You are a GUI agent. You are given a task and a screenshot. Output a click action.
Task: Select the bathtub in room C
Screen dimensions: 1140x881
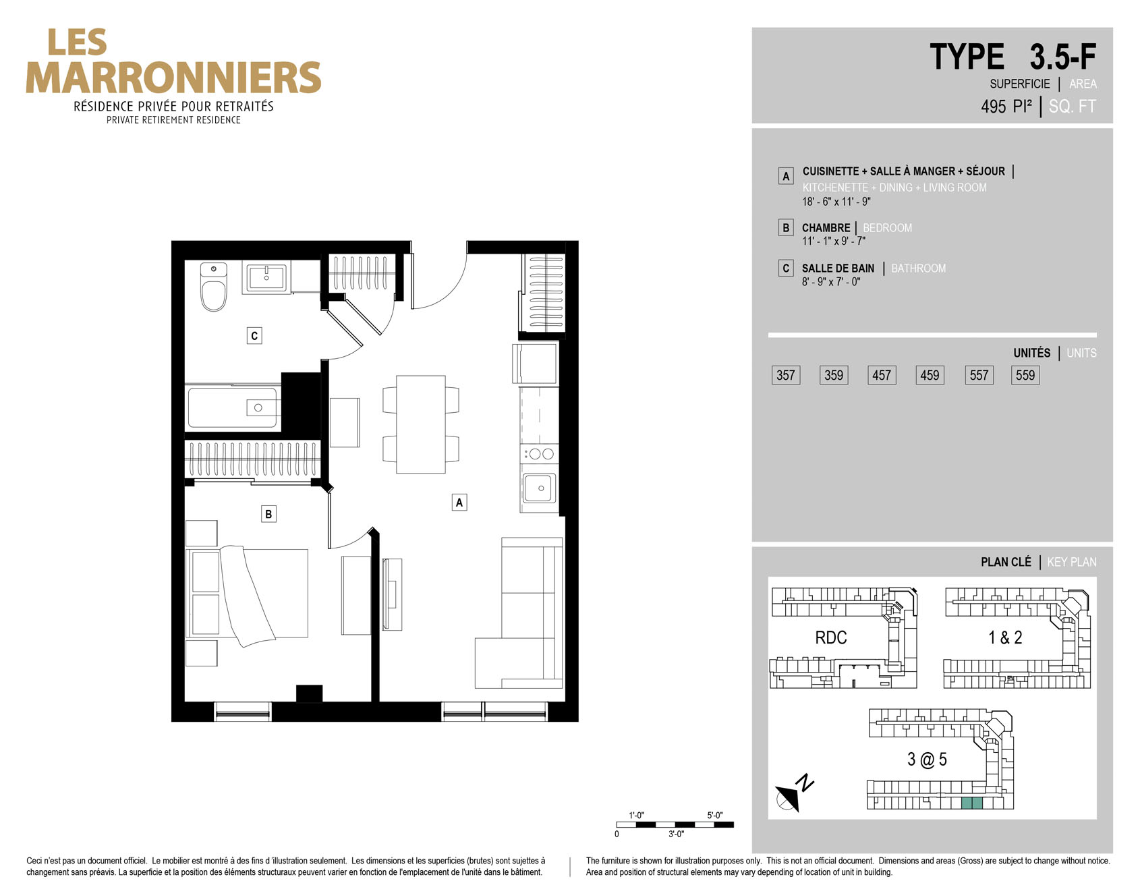click(233, 407)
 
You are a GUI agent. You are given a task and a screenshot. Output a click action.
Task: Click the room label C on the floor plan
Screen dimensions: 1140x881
click(254, 336)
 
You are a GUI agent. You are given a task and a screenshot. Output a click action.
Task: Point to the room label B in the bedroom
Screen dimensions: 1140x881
click(268, 514)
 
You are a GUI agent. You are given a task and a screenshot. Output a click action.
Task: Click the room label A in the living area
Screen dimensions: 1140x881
click(459, 502)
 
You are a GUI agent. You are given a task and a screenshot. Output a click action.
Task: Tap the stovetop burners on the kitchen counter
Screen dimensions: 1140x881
click(540, 454)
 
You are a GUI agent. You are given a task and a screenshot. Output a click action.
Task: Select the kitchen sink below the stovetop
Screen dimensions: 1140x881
click(539, 488)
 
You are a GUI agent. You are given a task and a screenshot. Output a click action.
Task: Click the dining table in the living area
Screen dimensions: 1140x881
click(421, 424)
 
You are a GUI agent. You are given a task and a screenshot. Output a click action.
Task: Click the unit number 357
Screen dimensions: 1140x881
click(786, 375)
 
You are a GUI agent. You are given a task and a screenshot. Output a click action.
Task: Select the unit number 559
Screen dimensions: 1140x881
click(1025, 375)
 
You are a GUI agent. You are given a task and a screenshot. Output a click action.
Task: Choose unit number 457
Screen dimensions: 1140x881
click(882, 375)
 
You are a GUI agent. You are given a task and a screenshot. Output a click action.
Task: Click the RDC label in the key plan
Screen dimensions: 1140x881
click(831, 637)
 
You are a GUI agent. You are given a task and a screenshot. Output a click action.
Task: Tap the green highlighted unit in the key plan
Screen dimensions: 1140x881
click(972, 803)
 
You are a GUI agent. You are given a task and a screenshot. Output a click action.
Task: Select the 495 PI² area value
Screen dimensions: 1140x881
click(1006, 107)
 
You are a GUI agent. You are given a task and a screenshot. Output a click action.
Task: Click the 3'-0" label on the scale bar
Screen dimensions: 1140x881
click(676, 834)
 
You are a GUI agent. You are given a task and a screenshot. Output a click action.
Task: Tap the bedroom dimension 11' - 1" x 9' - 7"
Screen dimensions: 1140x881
click(834, 241)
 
